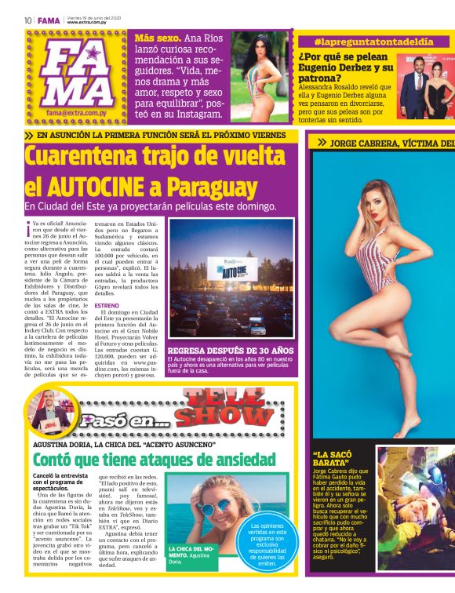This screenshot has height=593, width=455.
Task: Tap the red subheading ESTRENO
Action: tap(107, 305)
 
